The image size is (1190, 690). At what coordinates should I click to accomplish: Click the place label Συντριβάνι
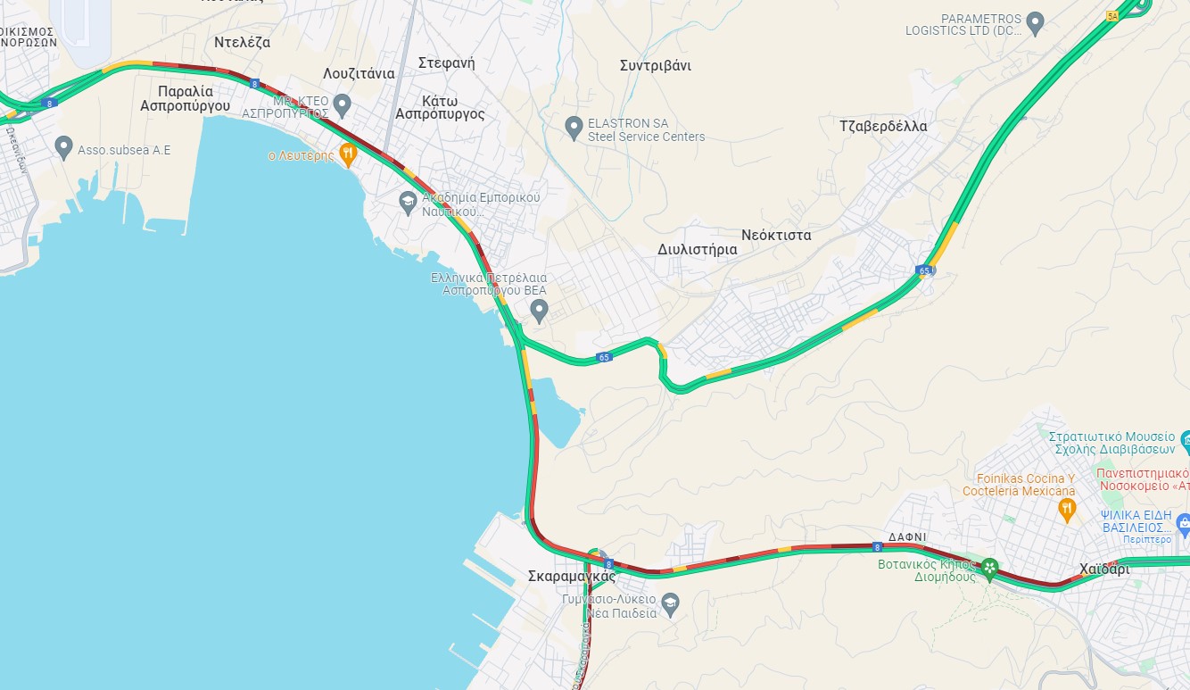coord(655,66)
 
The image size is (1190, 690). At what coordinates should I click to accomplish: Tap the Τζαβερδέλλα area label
coord(883,126)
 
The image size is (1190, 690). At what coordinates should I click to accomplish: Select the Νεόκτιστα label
coord(775,235)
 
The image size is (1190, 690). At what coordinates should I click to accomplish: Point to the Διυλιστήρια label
coord(697,250)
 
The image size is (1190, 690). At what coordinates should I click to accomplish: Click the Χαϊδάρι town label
coord(1103,569)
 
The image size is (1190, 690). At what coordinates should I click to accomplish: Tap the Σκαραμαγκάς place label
coord(571,577)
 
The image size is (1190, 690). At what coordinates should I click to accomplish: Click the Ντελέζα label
coord(242,42)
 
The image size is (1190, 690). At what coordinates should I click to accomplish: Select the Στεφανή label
coord(446,62)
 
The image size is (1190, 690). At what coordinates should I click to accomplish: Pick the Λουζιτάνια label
coord(359,73)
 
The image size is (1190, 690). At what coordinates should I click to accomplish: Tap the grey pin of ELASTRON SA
coord(574,128)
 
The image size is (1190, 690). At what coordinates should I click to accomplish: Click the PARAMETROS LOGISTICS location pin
coord(1035,22)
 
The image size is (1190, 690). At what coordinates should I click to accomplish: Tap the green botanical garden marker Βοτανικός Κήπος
coord(988,567)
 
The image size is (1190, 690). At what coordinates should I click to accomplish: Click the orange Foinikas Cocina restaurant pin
coord(1065,509)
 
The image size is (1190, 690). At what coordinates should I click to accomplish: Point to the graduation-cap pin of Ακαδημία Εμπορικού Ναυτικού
coord(408,202)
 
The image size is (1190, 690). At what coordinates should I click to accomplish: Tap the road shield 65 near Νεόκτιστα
coord(924,270)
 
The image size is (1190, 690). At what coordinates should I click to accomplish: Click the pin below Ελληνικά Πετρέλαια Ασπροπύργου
coord(538,310)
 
